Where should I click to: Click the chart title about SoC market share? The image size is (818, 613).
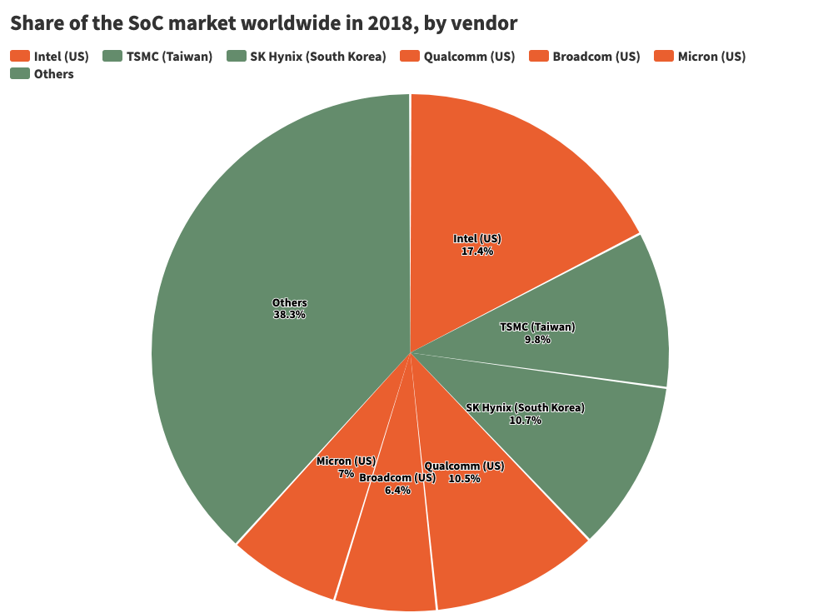(263, 23)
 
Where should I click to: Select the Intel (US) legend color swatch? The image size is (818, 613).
(19, 57)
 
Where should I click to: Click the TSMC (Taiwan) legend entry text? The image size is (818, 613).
(169, 57)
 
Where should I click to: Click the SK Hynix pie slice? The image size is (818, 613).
(583, 450)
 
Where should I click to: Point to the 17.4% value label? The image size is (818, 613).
(477, 251)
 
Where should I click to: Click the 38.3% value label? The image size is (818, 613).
(289, 315)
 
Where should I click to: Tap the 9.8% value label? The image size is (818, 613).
(536, 340)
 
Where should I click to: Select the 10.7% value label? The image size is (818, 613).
(525, 421)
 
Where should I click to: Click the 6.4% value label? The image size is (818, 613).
(397, 491)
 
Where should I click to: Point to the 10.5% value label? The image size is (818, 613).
(464, 478)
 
